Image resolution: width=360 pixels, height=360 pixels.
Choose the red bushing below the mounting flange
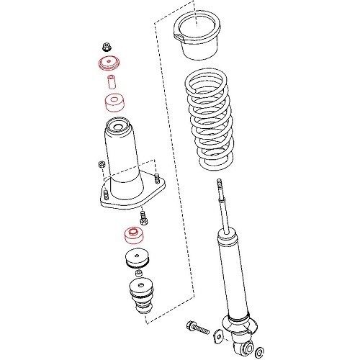(132, 235)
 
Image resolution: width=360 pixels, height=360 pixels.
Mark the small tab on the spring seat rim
(176, 34)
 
